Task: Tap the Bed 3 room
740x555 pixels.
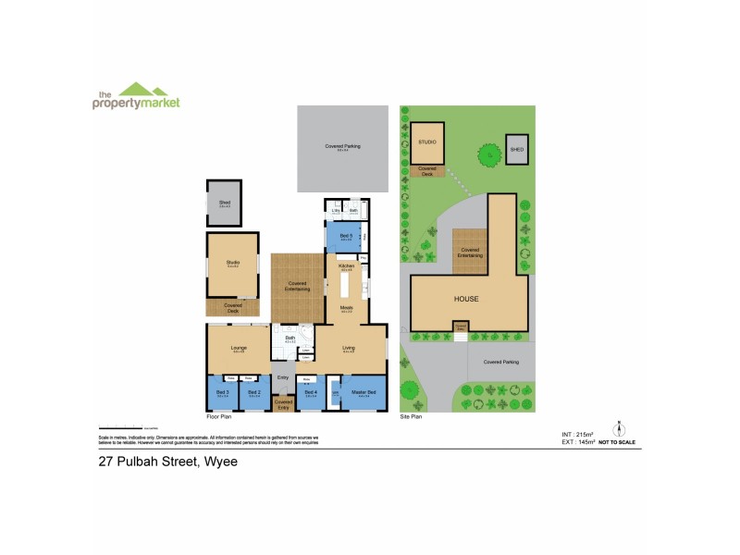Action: [x=222, y=395]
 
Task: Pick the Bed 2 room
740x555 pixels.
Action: [x=254, y=395]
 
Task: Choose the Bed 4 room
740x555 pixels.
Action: [x=311, y=395]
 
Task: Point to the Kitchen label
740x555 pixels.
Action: [x=347, y=266]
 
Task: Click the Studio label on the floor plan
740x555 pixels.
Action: [x=232, y=264]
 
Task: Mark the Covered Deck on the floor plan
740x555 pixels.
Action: [x=232, y=307]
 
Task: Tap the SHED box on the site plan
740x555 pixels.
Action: [x=516, y=149]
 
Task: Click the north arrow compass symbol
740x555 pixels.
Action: [x=617, y=429]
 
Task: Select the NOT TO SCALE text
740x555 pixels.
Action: [x=618, y=444]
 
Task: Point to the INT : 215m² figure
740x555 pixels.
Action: [x=578, y=434]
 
